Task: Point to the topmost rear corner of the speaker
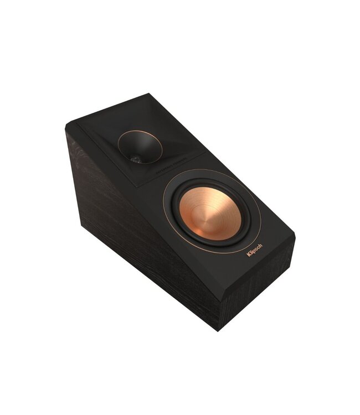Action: click(x=149, y=94)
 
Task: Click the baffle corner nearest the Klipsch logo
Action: click(x=294, y=237)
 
